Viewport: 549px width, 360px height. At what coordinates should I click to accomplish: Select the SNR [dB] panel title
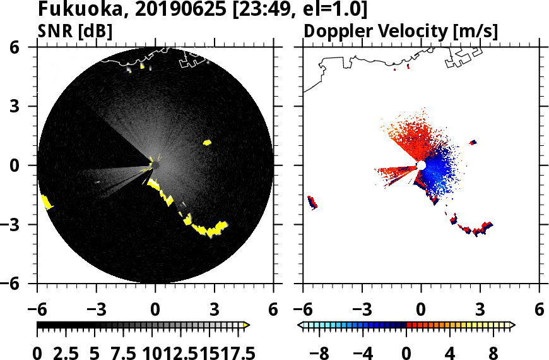point(76,31)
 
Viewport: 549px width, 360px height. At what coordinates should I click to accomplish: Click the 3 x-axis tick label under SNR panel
point(214,310)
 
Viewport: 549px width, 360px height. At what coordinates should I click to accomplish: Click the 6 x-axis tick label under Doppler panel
point(540,310)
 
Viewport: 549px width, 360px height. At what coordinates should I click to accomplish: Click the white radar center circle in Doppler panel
point(421,165)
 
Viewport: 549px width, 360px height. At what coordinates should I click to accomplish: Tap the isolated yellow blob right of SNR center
point(207,143)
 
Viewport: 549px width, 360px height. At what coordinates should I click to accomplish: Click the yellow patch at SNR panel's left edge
point(46,202)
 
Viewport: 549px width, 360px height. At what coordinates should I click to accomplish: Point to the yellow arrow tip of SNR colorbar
point(247,325)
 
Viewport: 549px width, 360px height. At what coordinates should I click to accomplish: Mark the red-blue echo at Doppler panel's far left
point(312,202)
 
